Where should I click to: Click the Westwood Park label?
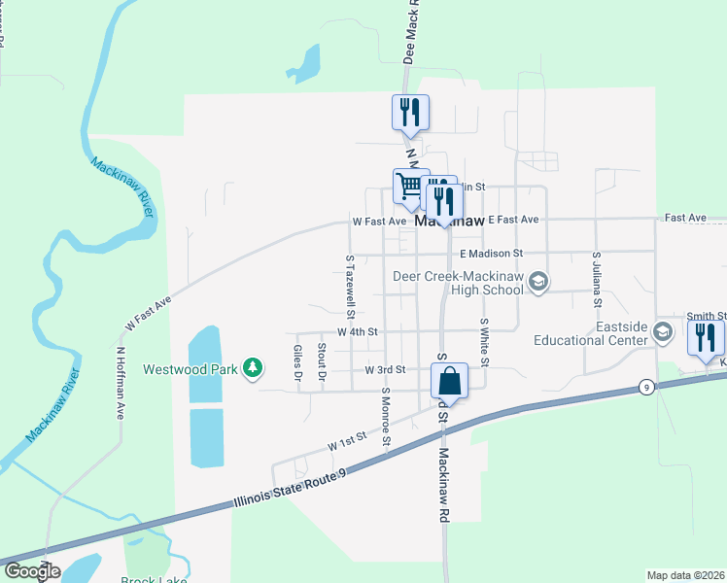[x=190, y=368]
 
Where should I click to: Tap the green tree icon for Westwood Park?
[x=253, y=366]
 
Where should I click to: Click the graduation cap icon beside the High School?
[x=540, y=282]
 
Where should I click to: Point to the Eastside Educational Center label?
[x=592, y=333]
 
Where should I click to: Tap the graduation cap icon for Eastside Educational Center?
[x=663, y=332]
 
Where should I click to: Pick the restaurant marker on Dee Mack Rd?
[x=410, y=113]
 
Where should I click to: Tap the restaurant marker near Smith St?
[x=706, y=338]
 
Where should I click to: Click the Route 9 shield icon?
[x=645, y=388]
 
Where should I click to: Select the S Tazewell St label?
[x=350, y=286]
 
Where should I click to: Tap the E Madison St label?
[x=491, y=253]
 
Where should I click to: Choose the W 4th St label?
[x=358, y=331]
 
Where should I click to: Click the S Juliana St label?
[x=596, y=280]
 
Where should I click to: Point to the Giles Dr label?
[x=298, y=361]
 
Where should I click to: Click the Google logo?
[x=31, y=571]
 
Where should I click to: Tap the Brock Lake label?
[x=148, y=579]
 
